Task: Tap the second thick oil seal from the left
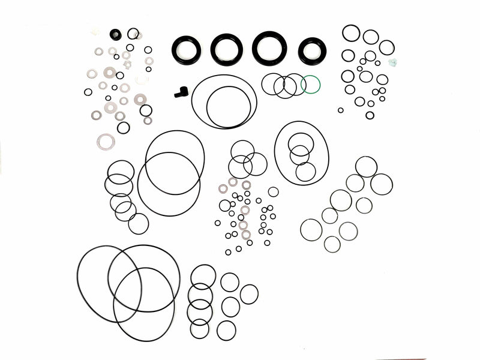pos(227,49)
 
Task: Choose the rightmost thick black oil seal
pos(312,50)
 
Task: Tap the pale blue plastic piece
pos(394,62)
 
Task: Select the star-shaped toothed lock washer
pos(127,64)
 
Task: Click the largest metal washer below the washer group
pos(106,142)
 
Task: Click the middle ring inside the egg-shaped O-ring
pos(299,155)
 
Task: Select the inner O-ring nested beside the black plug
pos(228,106)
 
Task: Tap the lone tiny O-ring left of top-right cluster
pos(341,110)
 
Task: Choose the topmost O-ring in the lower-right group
pos(366,167)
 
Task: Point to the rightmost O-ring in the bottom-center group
pos(249,294)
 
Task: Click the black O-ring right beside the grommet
pos(133,34)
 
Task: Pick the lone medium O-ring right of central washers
pos(273,192)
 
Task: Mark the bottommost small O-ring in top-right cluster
pos(370,115)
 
